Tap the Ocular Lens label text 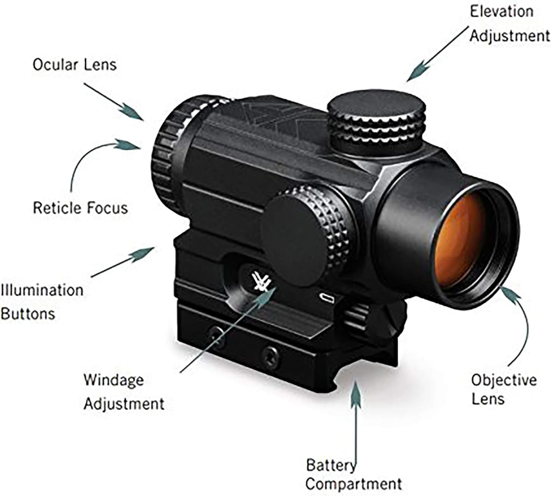(74, 65)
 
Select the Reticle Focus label (80, 208)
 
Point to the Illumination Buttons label (41, 301)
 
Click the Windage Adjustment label (124, 392)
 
